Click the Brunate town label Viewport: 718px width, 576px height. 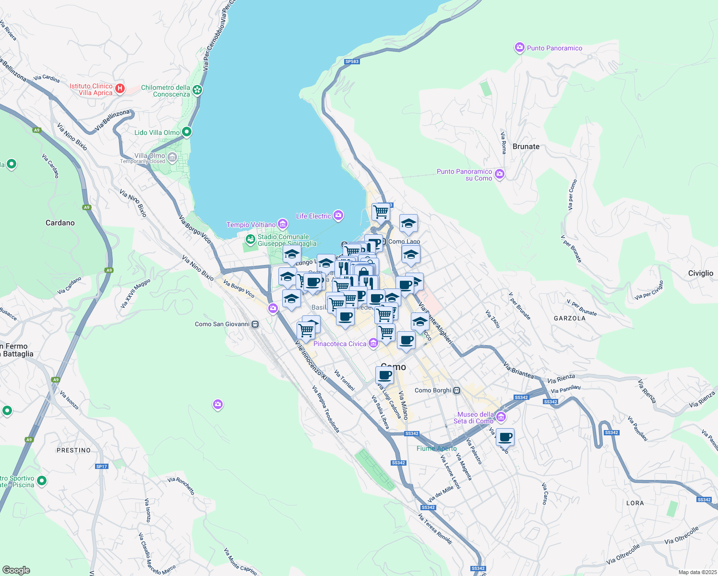point(526,146)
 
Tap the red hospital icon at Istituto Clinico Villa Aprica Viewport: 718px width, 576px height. point(120,89)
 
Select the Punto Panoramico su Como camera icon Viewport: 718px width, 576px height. point(500,174)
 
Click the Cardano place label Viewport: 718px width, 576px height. point(60,223)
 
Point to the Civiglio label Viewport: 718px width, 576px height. point(700,273)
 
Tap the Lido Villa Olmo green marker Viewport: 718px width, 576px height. point(187,132)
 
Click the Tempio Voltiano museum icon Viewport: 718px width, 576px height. point(283,224)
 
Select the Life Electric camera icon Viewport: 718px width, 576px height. point(338,216)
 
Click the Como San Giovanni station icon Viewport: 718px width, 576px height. point(255,324)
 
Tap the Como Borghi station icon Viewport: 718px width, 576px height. point(457,390)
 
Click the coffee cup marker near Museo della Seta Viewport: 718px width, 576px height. point(505,438)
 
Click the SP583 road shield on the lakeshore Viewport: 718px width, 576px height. point(352,61)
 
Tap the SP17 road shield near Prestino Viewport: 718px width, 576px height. point(101,466)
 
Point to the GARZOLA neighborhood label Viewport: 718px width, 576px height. point(569,318)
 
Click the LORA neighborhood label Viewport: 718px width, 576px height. point(634,503)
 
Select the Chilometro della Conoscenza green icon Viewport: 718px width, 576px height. point(197,90)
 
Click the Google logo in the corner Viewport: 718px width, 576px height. point(16,570)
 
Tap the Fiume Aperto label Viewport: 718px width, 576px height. point(436,448)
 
